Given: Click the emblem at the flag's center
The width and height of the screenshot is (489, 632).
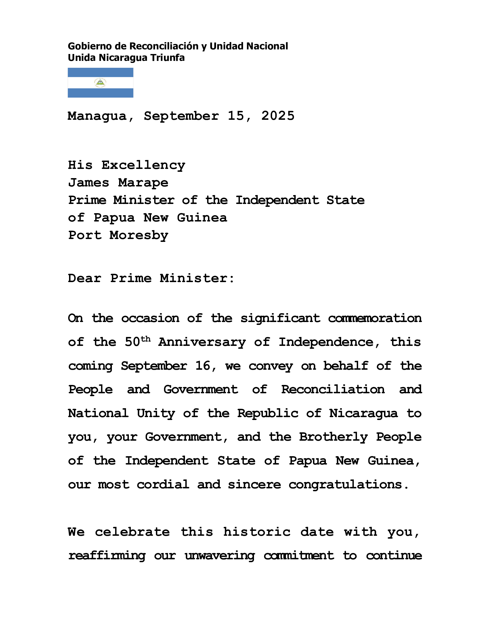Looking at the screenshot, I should coord(100,83).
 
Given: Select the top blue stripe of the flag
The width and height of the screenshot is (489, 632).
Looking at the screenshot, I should coord(100,72).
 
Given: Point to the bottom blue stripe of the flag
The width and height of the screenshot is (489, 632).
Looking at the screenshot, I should coord(100,93).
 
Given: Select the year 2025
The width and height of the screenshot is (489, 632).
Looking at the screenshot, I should coord(278,116).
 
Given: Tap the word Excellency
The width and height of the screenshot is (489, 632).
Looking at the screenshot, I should coord(143,165).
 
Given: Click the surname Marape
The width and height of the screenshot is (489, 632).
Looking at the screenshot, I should coord(143,183).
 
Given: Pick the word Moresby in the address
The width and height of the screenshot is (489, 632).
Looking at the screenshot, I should coord(139,235).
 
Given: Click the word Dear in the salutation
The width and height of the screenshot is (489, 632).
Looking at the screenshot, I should coord(84,278).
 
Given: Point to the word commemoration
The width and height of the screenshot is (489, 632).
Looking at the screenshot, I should coord(375,318).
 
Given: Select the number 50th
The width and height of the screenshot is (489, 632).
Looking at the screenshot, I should coord(137,342).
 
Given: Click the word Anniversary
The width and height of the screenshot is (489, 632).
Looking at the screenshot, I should coord(202,342).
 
